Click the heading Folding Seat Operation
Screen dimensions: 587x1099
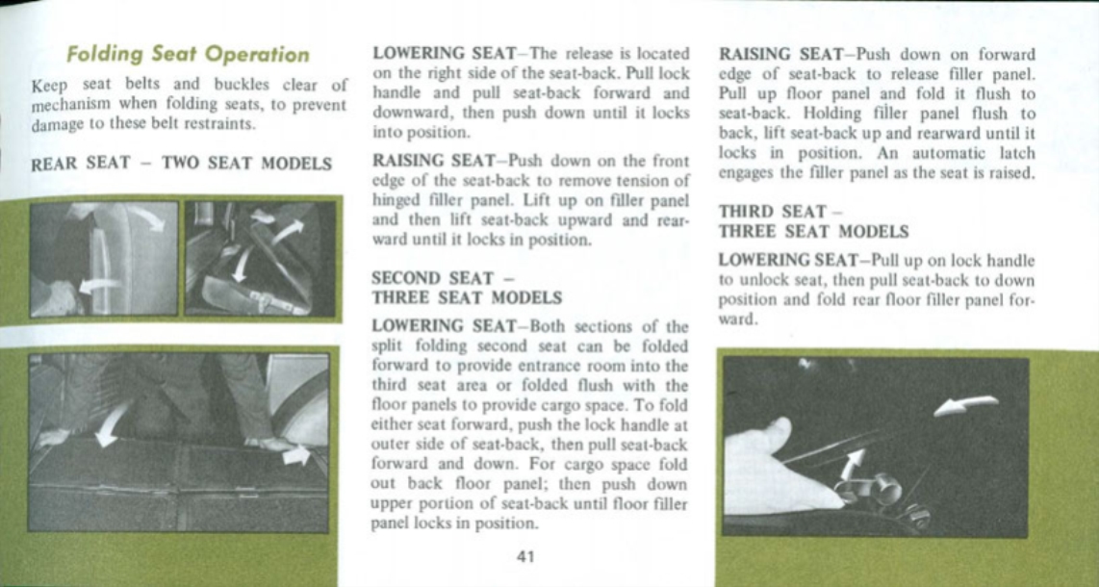coord(188,55)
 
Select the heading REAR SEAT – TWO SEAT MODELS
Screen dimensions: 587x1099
coord(182,164)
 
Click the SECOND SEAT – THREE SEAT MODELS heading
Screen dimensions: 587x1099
coord(467,288)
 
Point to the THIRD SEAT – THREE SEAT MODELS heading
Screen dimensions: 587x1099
coord(813,221)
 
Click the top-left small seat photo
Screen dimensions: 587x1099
coord(104,258)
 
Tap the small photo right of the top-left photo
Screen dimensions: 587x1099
coord(260,258)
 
